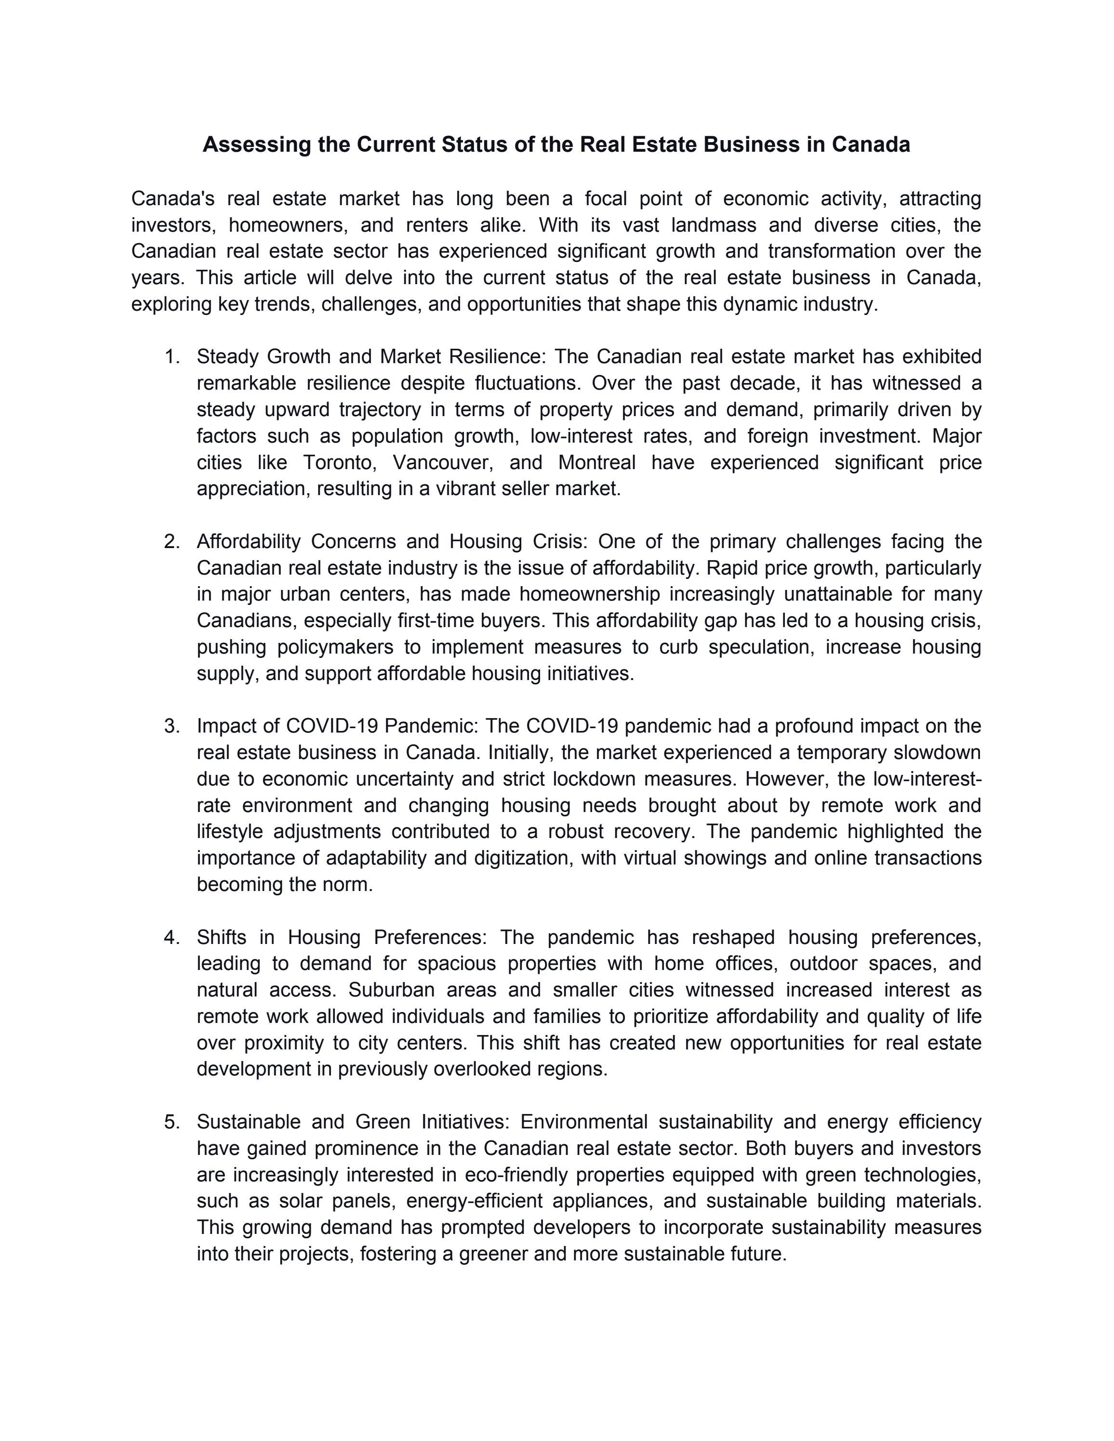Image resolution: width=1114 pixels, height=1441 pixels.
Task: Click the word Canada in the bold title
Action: [x=871, y=144]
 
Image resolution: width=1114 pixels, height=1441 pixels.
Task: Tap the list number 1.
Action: [x=172, y=357]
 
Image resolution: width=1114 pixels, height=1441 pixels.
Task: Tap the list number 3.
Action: [x=172, y=726]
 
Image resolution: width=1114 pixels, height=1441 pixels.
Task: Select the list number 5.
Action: [x=172, y=1122]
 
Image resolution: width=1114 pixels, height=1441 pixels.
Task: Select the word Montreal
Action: [x=597, y=462]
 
